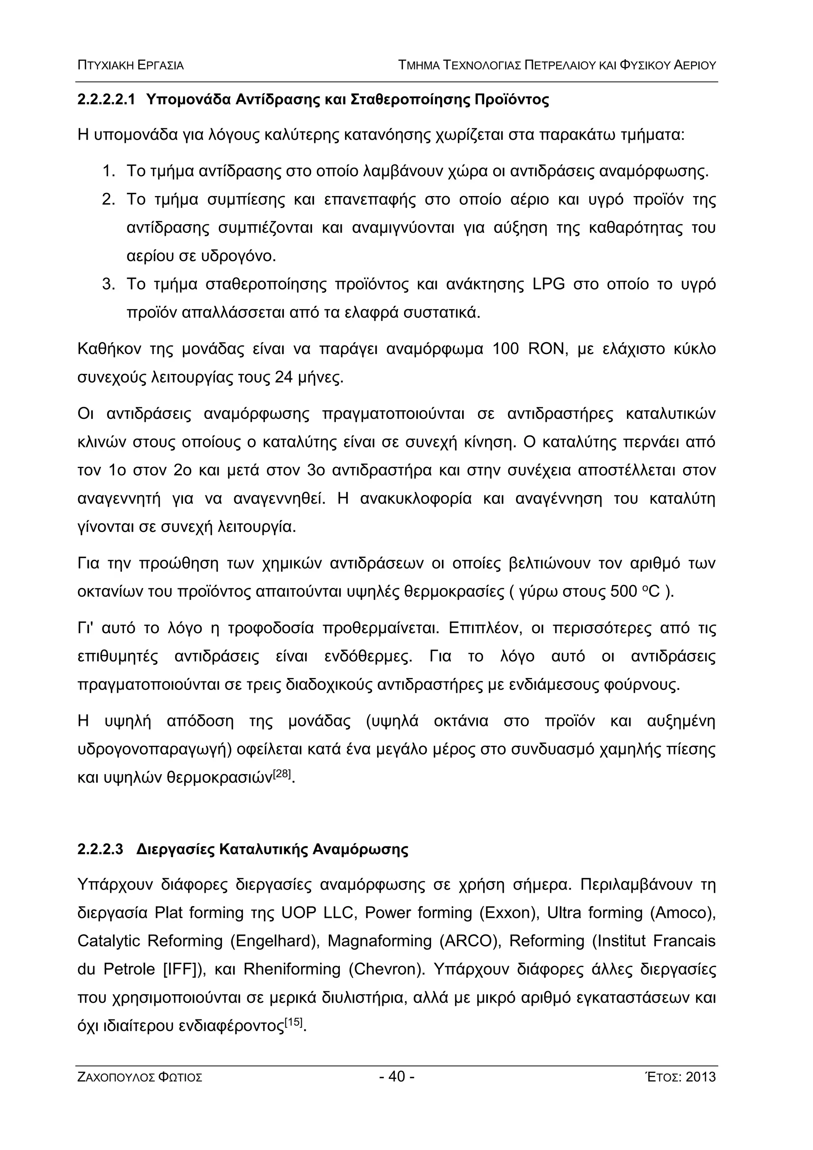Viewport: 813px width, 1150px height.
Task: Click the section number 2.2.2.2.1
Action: (x=106, y=100)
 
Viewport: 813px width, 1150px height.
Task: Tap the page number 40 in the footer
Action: (x=396, y=1076)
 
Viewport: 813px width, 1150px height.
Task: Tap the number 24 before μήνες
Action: (x=283, y=377)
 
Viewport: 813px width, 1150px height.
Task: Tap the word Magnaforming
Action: (x=379, y=941)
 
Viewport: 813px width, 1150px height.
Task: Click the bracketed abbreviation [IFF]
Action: (x=182, y=969)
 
